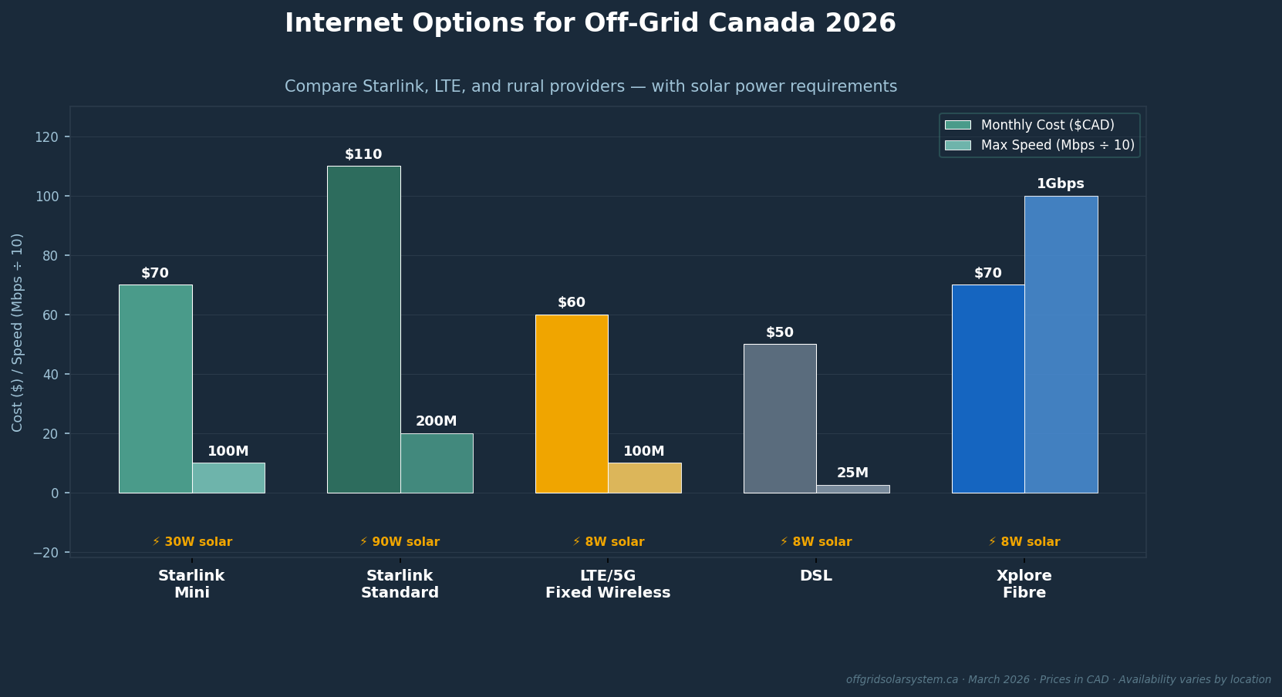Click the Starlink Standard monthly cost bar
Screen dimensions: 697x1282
coord(363,329)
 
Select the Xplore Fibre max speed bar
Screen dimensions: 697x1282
coord(1061,345)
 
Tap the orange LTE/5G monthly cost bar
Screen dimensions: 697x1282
coord(572,403)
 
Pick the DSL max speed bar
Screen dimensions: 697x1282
coord(852,489)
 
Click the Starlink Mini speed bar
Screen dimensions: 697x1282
coord(228,478)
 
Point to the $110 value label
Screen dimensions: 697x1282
coord(363,154)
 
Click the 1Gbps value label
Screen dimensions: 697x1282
coord(1060,184)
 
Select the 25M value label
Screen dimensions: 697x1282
coord(852,473)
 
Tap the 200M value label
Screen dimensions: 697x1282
coord(436,421)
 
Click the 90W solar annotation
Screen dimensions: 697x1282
coord(400,542)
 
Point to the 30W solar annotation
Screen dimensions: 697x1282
coord(192,542)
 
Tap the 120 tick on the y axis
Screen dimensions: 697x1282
coord(46,137)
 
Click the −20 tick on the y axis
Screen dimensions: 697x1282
coord(46,553)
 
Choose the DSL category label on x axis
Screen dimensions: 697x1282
coord(815,576)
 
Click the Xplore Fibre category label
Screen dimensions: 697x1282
coord(1024,584)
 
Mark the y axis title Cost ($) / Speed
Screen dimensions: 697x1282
coord(18,332)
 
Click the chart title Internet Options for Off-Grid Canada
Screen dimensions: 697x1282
coord(590,23)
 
